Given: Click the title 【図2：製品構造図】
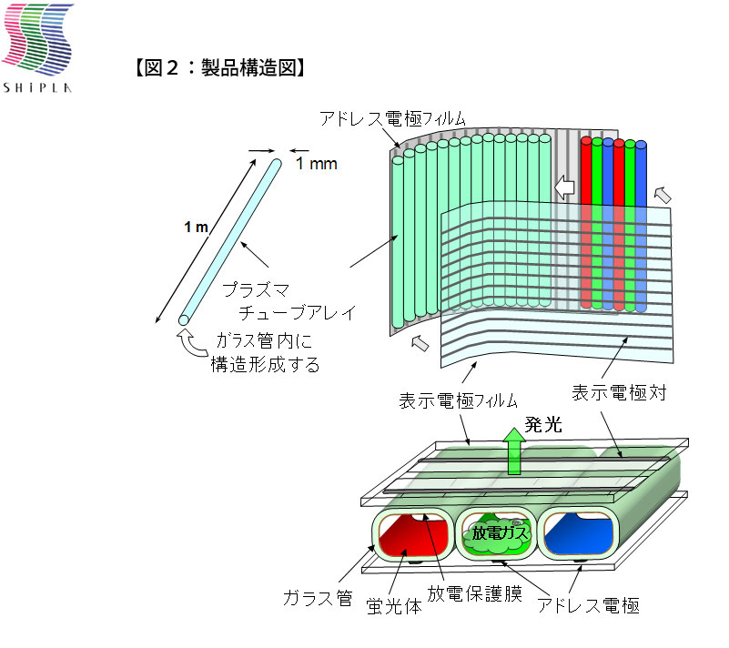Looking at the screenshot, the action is pos(220,68).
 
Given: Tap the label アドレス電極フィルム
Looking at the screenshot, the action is pos(392,118).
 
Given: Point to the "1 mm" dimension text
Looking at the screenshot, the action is pos(317,163).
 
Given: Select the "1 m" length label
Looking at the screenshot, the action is pos(196,227).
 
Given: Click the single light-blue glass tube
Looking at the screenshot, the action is pos(230,242).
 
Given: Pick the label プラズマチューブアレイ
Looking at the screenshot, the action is pos(289,301).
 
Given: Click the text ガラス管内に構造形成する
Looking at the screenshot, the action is pos(265,352).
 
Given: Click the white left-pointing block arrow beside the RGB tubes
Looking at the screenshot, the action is pos(564,187).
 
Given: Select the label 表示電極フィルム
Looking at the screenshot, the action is pos(458,400).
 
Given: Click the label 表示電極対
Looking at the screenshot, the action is pos(619,392).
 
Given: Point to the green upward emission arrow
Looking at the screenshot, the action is pos(513,451).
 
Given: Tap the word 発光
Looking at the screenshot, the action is pos(543,424).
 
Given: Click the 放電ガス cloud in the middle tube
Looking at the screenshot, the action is pos(497,534).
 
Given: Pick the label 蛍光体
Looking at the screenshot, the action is pos(394,606).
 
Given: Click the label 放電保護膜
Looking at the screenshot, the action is pos(475,593).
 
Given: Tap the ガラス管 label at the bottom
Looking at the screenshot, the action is pos(318,598).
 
